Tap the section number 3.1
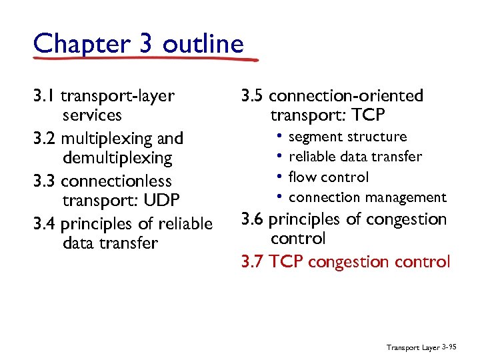[43, 96]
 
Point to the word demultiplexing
[117, 159]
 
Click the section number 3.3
[45, 181]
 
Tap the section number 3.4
[45, 223]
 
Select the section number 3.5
[253, 96]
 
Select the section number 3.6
[253, 219]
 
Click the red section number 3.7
[253, 261]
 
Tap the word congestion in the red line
[347, 262]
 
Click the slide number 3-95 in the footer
[451, 347]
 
